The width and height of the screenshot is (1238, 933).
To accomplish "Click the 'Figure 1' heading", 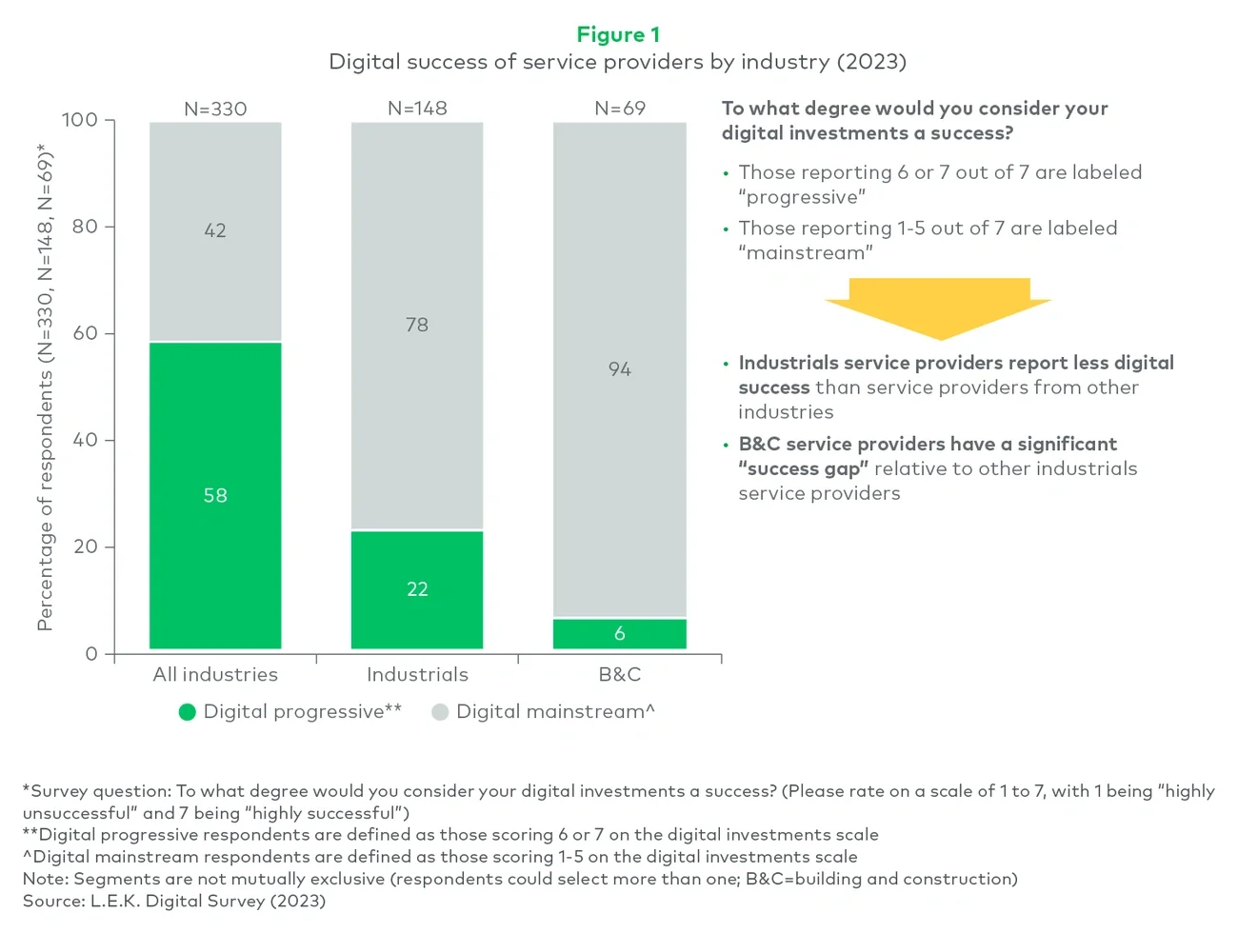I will tap(618, 35).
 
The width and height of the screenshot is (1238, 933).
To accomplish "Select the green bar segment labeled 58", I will tap(215, 495).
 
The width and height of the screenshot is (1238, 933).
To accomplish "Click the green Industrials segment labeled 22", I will tap(417, 589).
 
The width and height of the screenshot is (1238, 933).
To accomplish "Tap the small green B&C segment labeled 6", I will tap(619, 634).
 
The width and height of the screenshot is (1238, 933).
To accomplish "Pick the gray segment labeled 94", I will tap(619, 369).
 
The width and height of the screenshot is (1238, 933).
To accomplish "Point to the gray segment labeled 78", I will tap(417, 325).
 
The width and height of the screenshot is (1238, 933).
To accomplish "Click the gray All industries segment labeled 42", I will tap(215, 230).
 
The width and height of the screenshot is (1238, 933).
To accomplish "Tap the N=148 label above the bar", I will tap(417, 109).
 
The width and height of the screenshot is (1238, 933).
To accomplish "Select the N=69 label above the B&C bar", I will tap(619, 109).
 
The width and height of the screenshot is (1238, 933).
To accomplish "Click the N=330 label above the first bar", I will tap(215, 109).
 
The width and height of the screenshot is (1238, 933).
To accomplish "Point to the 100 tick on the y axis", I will tap(80, 120).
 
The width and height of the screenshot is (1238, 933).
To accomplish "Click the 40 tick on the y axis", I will tap(85, 440).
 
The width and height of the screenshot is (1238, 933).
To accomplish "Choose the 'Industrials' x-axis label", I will tap(417, 675).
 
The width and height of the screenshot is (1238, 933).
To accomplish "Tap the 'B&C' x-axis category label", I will tap(619, 675).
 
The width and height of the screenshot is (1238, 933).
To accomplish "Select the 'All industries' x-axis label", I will tap(215, 675).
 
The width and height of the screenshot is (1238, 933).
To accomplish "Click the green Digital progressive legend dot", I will tap(188, 712).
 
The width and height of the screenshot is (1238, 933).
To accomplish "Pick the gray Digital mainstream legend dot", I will tap(440, 712).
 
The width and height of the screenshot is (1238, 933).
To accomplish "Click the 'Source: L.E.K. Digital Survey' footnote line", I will tap(174, 901).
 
